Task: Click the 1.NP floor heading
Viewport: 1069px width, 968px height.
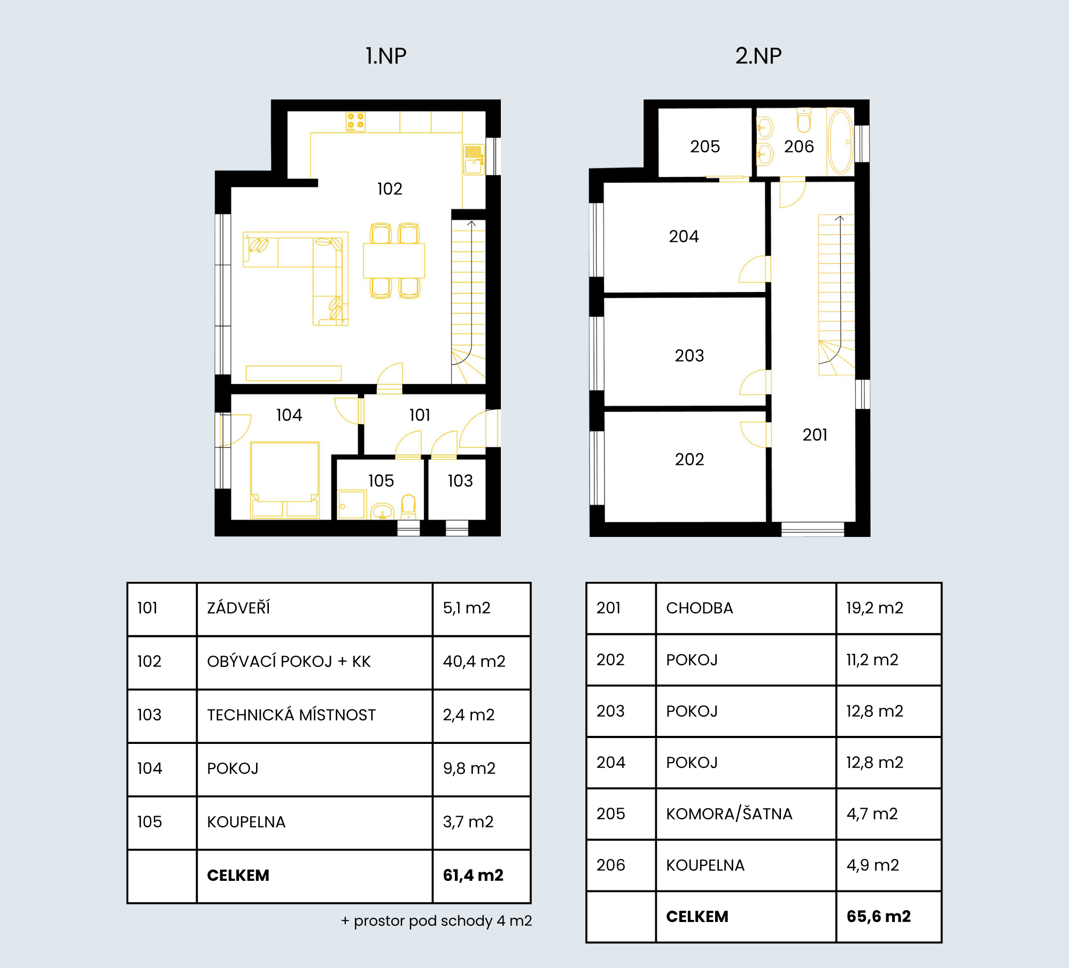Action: pyautogui.click(x=386, y=56)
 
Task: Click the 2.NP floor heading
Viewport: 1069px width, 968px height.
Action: pyautogui.click(x=758, y=56)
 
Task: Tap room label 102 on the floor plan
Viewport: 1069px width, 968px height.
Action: pyautogui.click(x=390, y=189)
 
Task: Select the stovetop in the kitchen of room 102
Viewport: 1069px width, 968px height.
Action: pyautogui.click(x=355, y=121)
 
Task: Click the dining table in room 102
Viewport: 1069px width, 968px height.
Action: pyautogui.click(x=394, y=260)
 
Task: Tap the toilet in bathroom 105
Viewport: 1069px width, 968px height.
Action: pyautogui.click(x=408, y=507)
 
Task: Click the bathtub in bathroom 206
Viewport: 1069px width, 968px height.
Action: pyautogui.click(x=840, y=142)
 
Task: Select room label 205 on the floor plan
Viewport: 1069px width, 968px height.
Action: pyautogui.click(x=705, y=147)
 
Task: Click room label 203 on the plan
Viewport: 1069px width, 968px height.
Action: pyautogui.click(x=690, y=356)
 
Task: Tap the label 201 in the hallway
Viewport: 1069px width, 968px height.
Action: pyautogui.click(x=815, y=435)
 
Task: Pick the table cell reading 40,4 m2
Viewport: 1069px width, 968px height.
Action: pyautogui.click(x=474, y=662)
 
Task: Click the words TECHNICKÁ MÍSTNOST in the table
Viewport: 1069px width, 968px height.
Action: pyautogui.click(x=291, y=715)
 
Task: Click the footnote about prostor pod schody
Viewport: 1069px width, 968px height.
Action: pyautogui.click(x=437, y=921)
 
